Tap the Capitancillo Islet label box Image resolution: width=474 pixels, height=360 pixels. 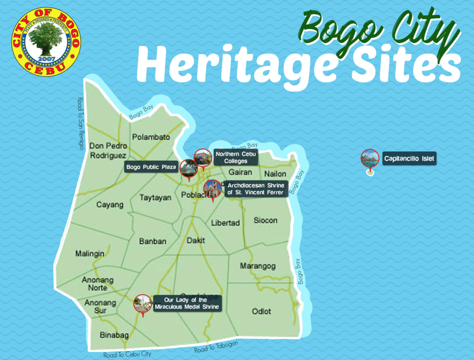coord(409,159)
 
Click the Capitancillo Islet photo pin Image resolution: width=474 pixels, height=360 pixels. coord(370,158)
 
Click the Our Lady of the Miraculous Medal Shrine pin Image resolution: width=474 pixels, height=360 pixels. coord(143,304)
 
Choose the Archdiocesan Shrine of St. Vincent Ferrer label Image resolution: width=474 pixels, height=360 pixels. coord(256,189)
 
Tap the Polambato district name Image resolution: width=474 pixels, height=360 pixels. coord(151,137)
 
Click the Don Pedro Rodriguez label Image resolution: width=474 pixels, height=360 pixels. coord(108,151)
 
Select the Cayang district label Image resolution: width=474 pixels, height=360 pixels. coord(110,205)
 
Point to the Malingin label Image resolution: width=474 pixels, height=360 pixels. coord(90,254)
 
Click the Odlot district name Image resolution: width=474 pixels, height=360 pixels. coord(262,311)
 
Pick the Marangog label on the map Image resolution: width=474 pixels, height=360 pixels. coord(257,266)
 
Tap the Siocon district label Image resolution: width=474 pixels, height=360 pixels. coord(265,221)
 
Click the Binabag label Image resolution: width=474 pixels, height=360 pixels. coord(114,335)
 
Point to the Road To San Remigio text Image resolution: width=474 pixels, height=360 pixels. coord(81,124)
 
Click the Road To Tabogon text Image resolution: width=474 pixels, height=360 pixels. coord(216,347)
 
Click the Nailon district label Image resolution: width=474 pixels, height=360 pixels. coord(275,174)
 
